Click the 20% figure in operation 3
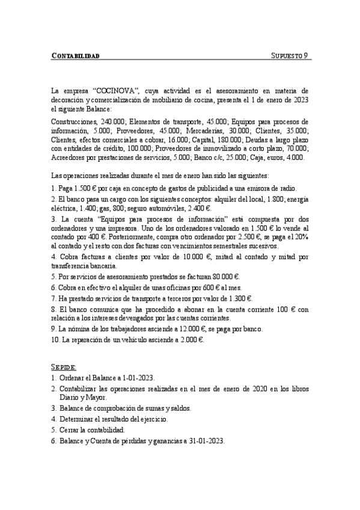(x=299, y=237)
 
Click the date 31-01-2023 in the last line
(x=204, y=441)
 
